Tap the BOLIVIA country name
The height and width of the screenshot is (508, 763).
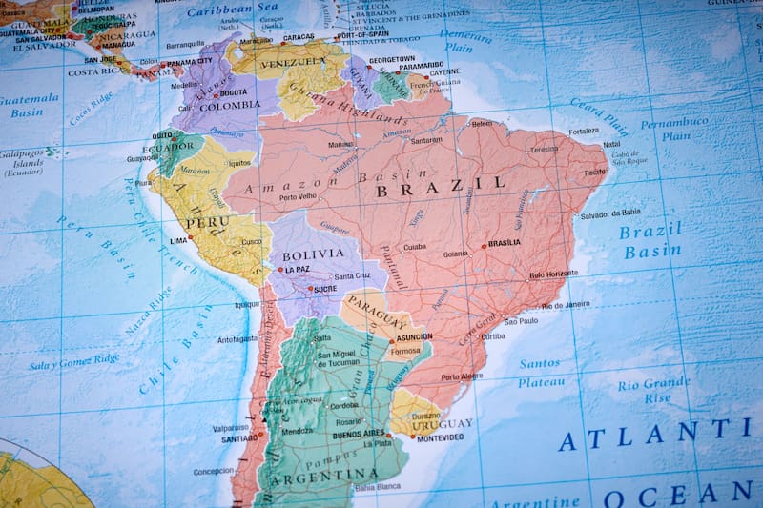[x=313, y=254]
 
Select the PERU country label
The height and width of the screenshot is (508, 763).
[x=207, y=223]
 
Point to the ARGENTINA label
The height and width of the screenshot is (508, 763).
[x=317, y=475]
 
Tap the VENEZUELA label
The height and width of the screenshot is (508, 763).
[x=295, y=62]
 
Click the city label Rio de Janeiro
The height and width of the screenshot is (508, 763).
[x=566, y=305]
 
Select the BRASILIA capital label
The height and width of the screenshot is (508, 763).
[x=504, y=243]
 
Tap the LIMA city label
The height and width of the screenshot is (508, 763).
[x=178, y=241]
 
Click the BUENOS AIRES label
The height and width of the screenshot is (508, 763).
[x=359, y=435]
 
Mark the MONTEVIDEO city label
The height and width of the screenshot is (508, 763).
[x=440, y=437]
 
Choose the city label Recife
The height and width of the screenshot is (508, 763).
[x=595, y=173]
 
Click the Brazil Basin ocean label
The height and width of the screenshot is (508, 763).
[x=651, y=240]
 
